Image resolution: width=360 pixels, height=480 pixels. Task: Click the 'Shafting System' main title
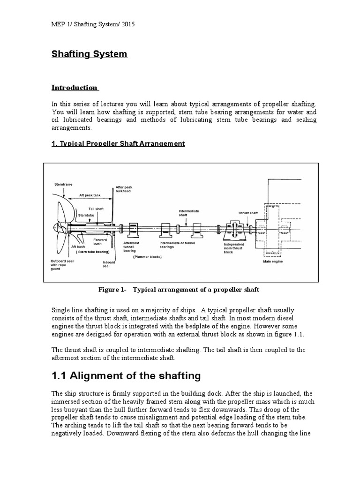click(89, 54)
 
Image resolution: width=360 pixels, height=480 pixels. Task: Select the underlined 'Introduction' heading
click(75, 88)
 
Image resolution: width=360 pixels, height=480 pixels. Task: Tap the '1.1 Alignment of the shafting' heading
click(126, 375)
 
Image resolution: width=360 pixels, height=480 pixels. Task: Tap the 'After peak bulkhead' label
click(124, 189)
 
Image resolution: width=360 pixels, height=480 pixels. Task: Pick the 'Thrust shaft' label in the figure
click(247, 213)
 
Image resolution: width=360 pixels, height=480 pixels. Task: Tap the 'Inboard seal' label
click(109, 264)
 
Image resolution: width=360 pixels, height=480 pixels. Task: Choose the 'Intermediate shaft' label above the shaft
click(189, 213)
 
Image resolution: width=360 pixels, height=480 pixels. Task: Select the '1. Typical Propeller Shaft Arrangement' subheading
click(118, 143)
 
